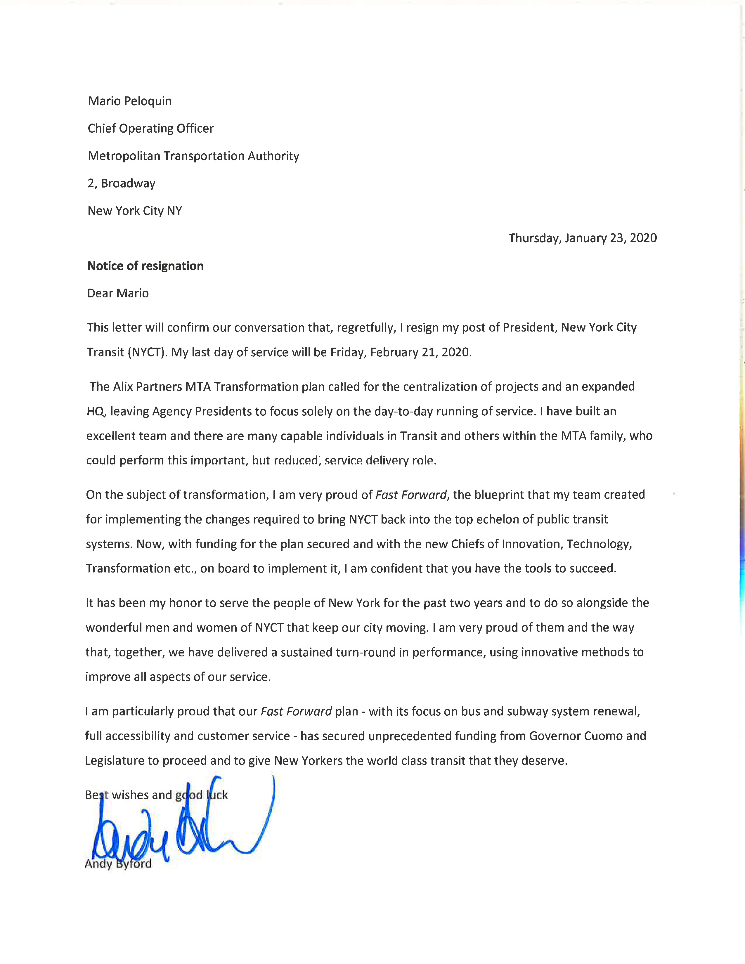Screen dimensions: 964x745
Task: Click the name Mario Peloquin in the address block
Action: tap(130, 101)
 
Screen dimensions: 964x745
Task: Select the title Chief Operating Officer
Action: tap(150, 129)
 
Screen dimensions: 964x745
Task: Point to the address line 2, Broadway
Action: tap(121, 183)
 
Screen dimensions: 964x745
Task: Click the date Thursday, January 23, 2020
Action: tap(582, 238)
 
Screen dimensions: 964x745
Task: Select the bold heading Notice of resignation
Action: tap(145, 266)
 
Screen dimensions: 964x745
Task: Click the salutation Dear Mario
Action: tap(118, 293)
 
